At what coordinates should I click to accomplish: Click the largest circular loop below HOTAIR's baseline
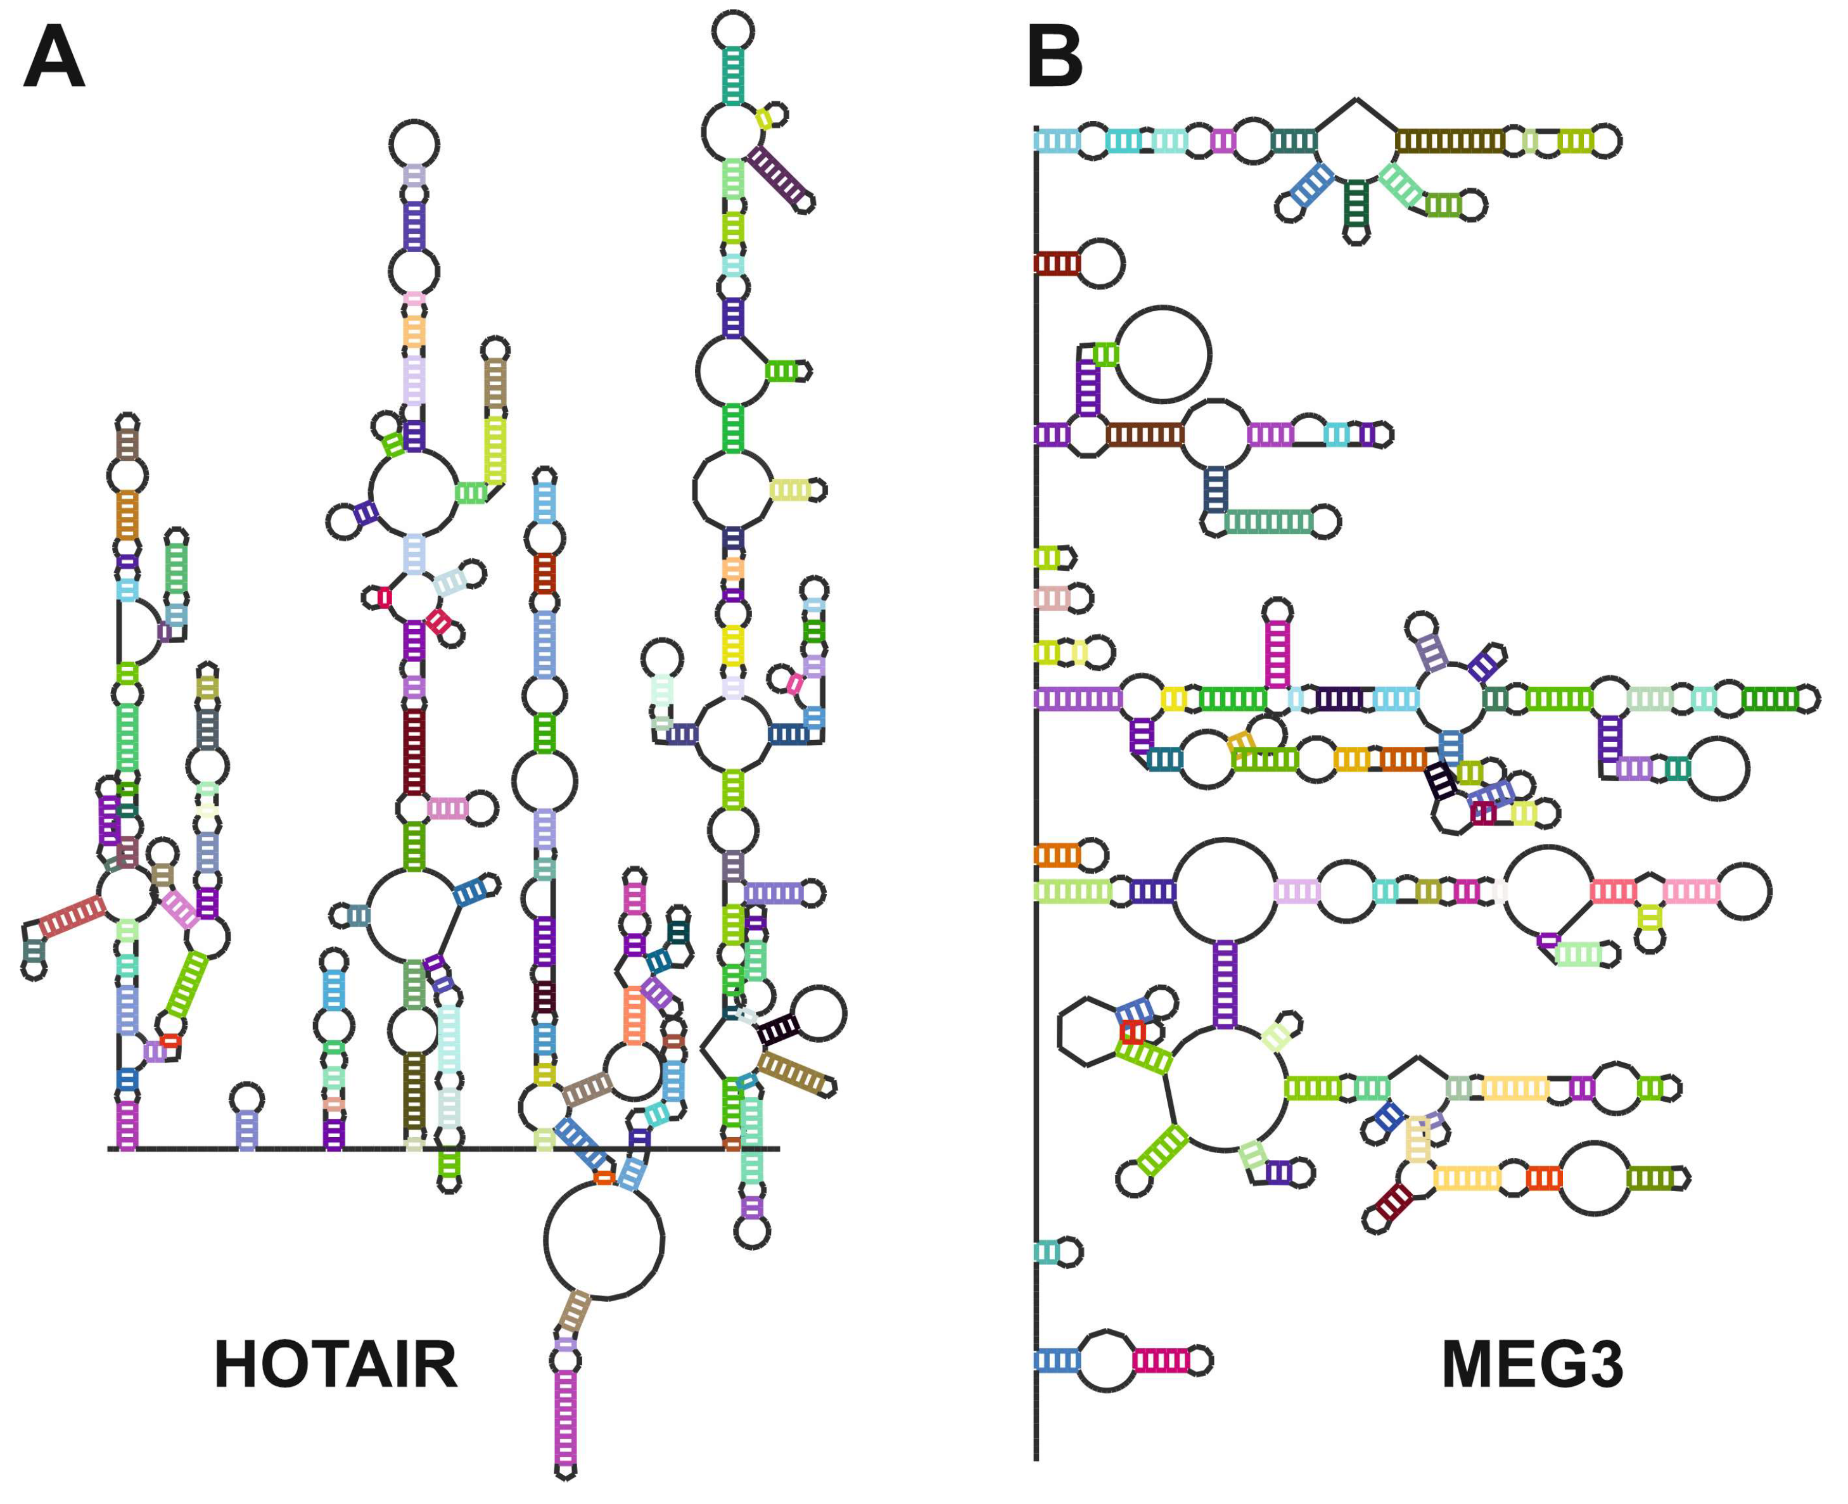(604, 1240)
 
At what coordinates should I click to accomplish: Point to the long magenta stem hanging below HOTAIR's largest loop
(565, 1417)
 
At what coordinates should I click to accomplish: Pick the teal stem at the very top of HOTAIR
(733, 76)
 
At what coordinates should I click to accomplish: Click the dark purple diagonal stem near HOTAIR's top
(777, 176)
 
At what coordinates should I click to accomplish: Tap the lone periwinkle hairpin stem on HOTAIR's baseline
(247, 1130)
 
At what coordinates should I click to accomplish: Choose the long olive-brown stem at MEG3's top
(1450, 141)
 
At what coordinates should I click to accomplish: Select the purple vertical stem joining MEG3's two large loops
(1224, 983)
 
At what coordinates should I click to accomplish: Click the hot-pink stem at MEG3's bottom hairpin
(1161, 1361)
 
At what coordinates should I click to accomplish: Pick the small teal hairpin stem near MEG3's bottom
(1047, 1252)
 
